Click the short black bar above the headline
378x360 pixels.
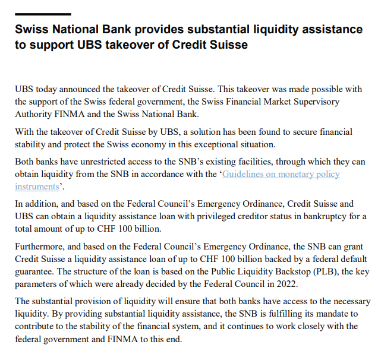tap(42, 14)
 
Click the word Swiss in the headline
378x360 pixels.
tap(33, 29)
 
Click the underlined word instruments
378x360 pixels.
tap(37, 187)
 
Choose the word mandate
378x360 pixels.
tap(341, 314)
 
